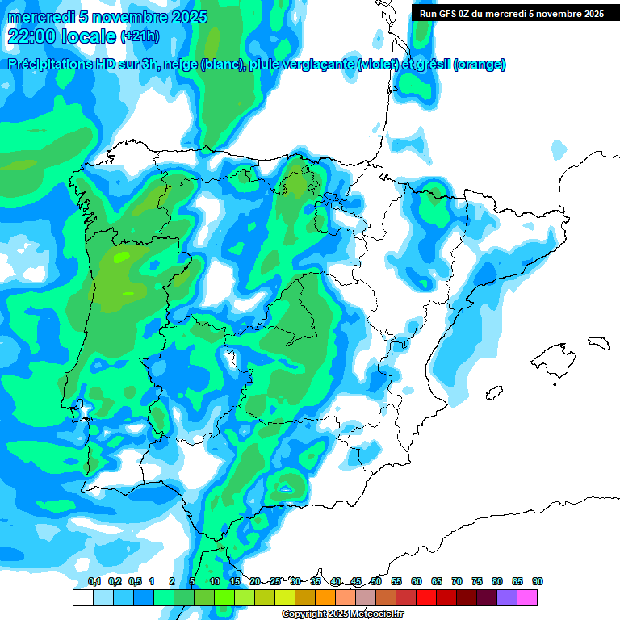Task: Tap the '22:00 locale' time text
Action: pos(61,36)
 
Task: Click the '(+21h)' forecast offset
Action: pos(140,37)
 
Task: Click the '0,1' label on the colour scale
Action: pos(94,582)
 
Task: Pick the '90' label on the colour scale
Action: pos(538,582)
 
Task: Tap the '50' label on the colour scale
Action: pos(376,582)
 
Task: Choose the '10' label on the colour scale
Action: pos(215,582)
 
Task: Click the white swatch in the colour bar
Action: pos(82,598)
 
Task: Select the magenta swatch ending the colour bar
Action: pos(527,598)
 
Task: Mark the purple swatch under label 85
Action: pos(507,598)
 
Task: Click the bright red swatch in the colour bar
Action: pos(426,598)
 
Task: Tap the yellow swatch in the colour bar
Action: pos(285,598)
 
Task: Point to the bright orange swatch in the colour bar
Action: pos(325,598)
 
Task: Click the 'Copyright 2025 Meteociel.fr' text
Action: pos(342,614)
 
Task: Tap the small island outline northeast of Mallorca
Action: pos(597,342)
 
